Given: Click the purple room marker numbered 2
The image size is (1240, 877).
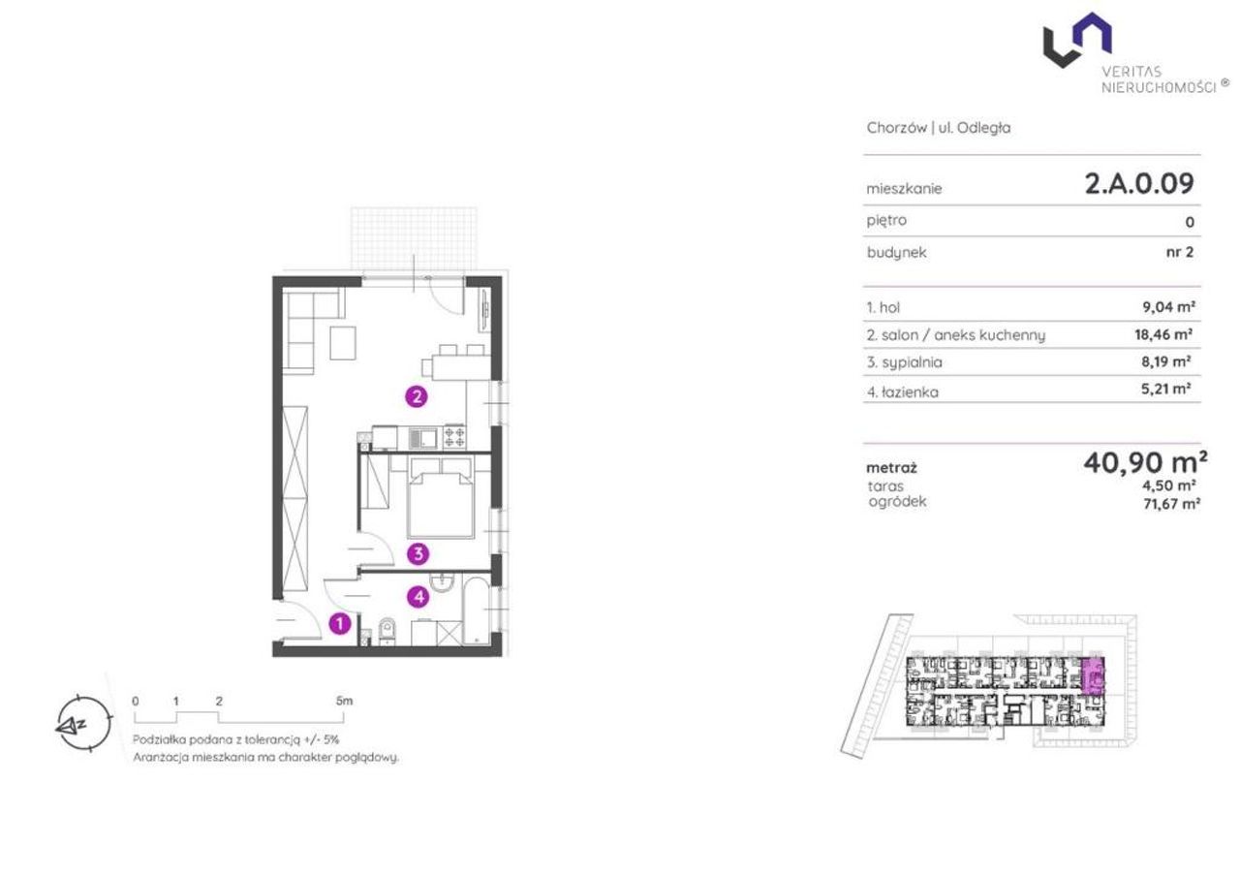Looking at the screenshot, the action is pyautogui.click(x=417, y=396).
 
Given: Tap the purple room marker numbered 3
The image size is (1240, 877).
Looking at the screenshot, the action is pyautogui.click(x=418, y=553).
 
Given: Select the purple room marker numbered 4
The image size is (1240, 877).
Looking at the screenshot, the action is pyautogui.click(x=418, y=597).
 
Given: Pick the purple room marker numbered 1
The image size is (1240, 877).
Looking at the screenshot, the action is pyautogui.click(x=340, y=624).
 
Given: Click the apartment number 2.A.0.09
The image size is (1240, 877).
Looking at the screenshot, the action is pyautogui.click(x=1139, y=184).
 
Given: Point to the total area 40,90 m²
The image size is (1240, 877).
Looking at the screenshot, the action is pyautogui.click(x=1145, y=462).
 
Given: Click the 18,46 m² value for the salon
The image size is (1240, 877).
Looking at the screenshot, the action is pyautogui.click(x=1163, y=334).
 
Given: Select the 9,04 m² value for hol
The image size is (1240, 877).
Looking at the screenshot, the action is pyautogui.click(x=1168, y=307).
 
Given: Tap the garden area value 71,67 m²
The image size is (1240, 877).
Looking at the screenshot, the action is pyautogui.click(x=1171, y=504).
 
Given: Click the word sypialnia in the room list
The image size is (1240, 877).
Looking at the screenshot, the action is pyautogui.click(x=905, y=362).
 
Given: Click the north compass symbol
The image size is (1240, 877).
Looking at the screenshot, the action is pyautogui.click(x=84, y=723).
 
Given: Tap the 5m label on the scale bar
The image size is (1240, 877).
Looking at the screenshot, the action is pyautogui.click(x=344, y=701).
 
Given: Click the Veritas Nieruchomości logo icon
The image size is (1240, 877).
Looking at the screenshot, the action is pyautogui.click(x=1077, y=40).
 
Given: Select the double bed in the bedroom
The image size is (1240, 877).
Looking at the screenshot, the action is pyautogui.click(x=441, y=498).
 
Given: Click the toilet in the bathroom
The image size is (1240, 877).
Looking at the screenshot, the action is pyautogui.click(x=387, y=631).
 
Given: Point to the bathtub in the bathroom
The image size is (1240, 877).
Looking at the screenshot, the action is pyautogui.click(x=476, y=611).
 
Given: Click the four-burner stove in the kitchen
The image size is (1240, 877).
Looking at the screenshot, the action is pyautogui.click(x=454, y=437).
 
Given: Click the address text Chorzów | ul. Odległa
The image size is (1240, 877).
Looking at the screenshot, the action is pyautogui.click(x=939, y=128).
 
